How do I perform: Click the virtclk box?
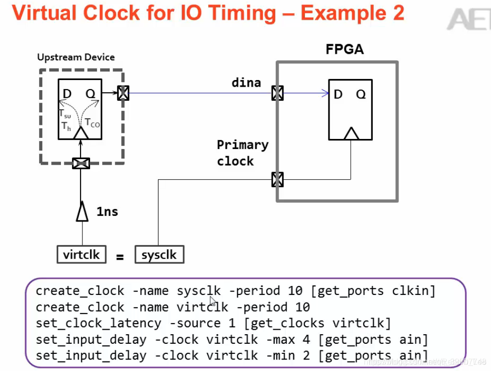click(81, 254)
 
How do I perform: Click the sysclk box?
click(159, 254)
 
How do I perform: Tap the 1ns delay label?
click(107, 211)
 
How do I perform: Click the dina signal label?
click(246, 83)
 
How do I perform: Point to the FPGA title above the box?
click(345, 49)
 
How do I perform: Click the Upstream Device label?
click(76, 57)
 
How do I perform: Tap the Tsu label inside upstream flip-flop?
click(65, 115)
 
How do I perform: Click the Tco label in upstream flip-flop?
click(92, 122)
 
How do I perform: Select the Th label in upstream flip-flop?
click(66, 126)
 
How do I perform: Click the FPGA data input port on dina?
click(277, 93)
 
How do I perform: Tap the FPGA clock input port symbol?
click(277, 179)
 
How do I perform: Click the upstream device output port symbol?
click(123, 93)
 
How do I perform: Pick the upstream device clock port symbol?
click(81, 163)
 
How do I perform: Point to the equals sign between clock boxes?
click(120, 257)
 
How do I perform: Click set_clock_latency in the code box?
click(99, 323)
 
